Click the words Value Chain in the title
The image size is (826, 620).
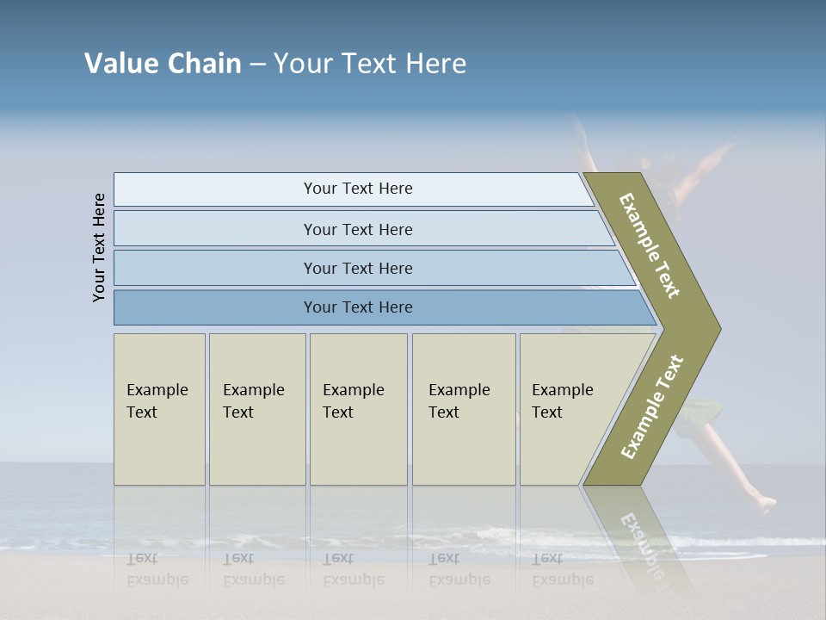pyautogui.click(x=163, y=64)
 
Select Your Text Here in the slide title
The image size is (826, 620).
pyautogui.click(x=370, y=64)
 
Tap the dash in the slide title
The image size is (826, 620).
pyautogui.click(x=257, y=65)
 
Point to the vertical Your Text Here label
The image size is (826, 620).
pyautogui.click(x=99, y=248)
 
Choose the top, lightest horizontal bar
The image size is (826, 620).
pyautogui.click(x=358, y=189)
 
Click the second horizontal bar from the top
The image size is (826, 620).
pyautogui.click(x=358, y=229)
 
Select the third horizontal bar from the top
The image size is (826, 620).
pyautogui.click(x=358, y=268)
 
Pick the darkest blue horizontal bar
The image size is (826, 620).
pyautogui.click(x=358, y=307)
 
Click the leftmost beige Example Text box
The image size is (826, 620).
pyautogui.click(x=159, y=409)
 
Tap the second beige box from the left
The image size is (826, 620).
pyautogui.click(x=257, y=409)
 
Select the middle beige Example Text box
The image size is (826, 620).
pyautogui.click(x=358, y=409)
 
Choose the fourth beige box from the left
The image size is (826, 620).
pyautogui.click(x=464, y=409)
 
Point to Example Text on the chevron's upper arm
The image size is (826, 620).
pyautogui.click(x=650, y=245)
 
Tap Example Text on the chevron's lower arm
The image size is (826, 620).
pyautogui.click(x=651, y=407)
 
